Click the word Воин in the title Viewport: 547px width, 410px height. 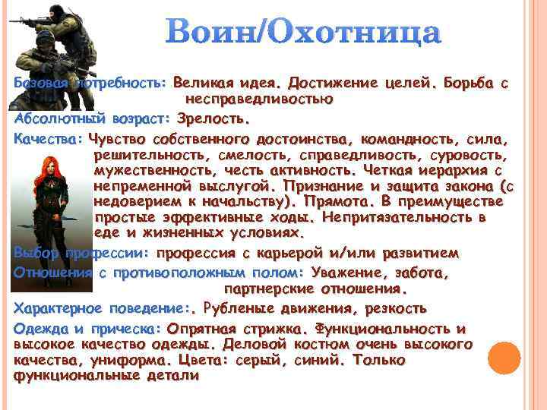tap(207, 33)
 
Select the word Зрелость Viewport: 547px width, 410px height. tap(213, 119)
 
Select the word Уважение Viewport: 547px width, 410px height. tap(350, 272)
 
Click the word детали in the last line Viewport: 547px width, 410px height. tap(172, 375)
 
